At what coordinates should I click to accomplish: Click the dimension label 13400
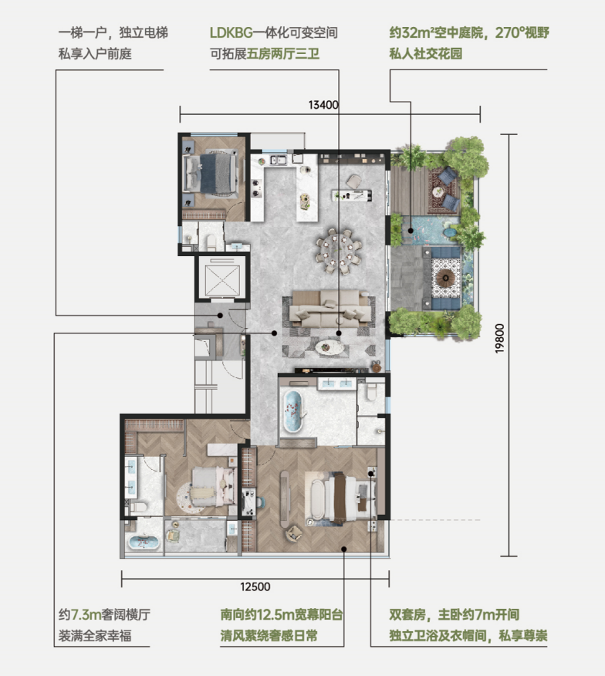(x=323, y=105)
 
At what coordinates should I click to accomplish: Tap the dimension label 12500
(x=255, y=586)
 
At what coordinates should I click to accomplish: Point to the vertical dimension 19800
(x=499, y=339)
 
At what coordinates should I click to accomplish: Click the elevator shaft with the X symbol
(x=222, y=280)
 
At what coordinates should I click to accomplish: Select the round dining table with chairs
(x=339, y=252)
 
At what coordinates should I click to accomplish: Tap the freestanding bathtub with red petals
(x=292, y=411)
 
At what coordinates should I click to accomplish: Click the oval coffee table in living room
(x=330, y=347)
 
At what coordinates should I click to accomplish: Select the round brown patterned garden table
(x=445, y=278)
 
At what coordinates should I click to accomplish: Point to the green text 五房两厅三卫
(x=283, y=54)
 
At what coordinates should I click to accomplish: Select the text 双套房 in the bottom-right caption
(x=407, y=614)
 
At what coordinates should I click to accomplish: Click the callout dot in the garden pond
(x=411, y=231)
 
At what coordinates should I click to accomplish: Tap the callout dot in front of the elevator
(x=220, y=316)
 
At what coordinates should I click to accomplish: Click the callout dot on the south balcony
(x=344, y=549)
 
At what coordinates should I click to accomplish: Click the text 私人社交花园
(x=426, y=54)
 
